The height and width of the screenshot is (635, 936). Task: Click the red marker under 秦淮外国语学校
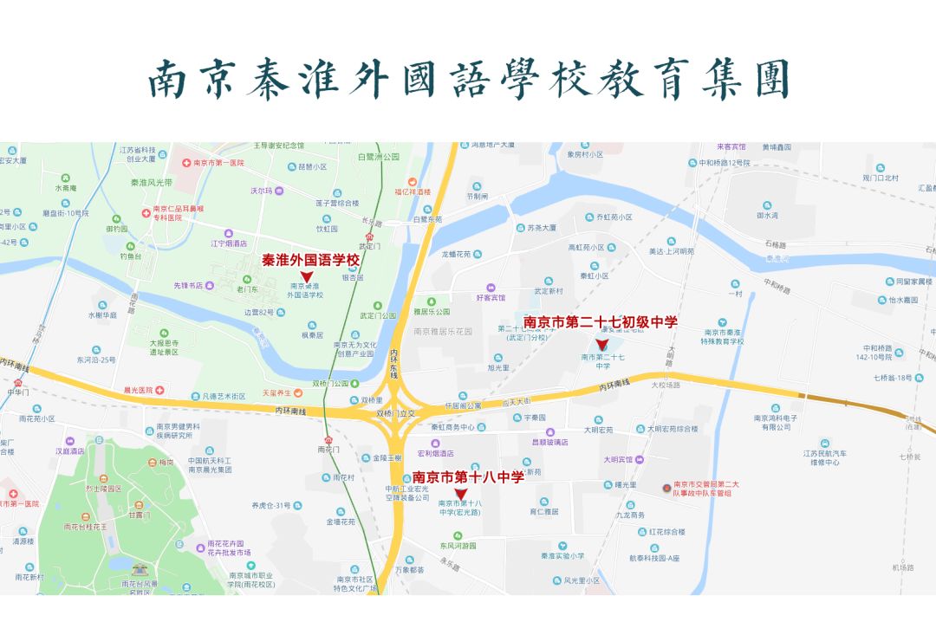(306, 275)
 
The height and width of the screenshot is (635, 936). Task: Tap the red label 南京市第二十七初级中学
(600, 323)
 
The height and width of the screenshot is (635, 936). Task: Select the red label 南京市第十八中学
(468, 476)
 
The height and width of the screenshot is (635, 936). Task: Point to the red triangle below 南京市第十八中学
(460, 494)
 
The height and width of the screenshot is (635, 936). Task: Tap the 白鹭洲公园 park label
(379, 157)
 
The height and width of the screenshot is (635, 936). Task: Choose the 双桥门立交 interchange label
(396, 414)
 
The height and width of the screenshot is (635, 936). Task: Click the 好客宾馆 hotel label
(490, 298)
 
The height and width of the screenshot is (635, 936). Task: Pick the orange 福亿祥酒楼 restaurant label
(413, 191)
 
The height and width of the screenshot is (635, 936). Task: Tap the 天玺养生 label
(278, 393)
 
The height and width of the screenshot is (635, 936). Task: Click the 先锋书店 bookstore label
(187, 285)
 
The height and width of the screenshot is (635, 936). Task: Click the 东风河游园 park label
(457, 546)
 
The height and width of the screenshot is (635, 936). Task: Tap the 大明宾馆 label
(618, 458)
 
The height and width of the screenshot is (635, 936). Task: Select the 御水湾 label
(766, 215)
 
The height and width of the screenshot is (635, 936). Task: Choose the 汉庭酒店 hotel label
(70, 451)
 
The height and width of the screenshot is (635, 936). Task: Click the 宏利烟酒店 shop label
(435, 453)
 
